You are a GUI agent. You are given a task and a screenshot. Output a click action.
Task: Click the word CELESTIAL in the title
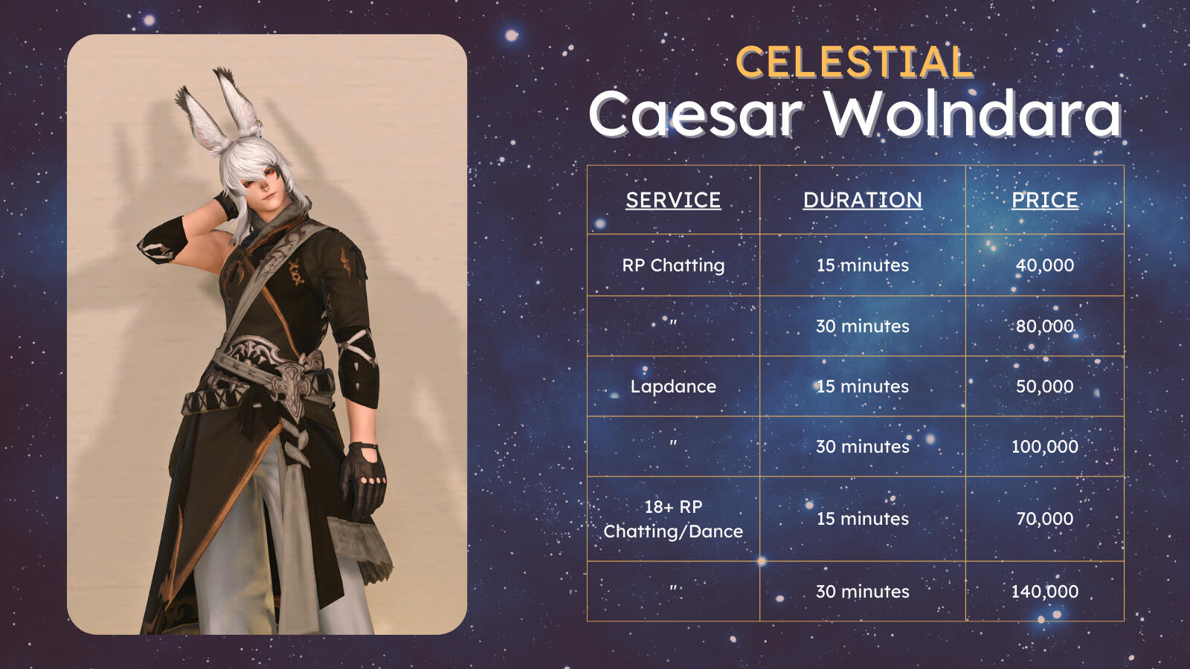point(855,62)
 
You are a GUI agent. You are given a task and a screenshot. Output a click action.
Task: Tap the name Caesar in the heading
point(696,114)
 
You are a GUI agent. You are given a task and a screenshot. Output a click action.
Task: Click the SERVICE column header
point(673,200)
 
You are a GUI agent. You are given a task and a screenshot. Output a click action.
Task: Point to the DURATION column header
point(862,200)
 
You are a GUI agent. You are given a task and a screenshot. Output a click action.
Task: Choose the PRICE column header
point(1044,200)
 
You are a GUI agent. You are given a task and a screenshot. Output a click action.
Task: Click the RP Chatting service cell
point(673,265)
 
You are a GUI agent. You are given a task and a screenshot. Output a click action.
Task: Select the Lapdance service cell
point(673,387)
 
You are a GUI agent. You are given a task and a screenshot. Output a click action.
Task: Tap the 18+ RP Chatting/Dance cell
point(673,519)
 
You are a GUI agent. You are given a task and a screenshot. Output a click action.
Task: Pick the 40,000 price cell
point(1044,265)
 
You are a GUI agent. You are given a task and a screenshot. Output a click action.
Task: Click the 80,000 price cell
point(1044,326)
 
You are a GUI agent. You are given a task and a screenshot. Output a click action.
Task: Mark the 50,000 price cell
point(1044,386)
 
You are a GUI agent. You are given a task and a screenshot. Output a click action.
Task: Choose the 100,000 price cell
point(1044,447)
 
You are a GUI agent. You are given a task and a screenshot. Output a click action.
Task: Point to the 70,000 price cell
point(1044,518)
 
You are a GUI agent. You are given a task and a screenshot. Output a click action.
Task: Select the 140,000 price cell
point(1044,592)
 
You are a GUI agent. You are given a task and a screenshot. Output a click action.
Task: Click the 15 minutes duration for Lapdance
point(862,386)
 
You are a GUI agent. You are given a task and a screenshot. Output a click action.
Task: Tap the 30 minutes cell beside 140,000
point(862,592)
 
